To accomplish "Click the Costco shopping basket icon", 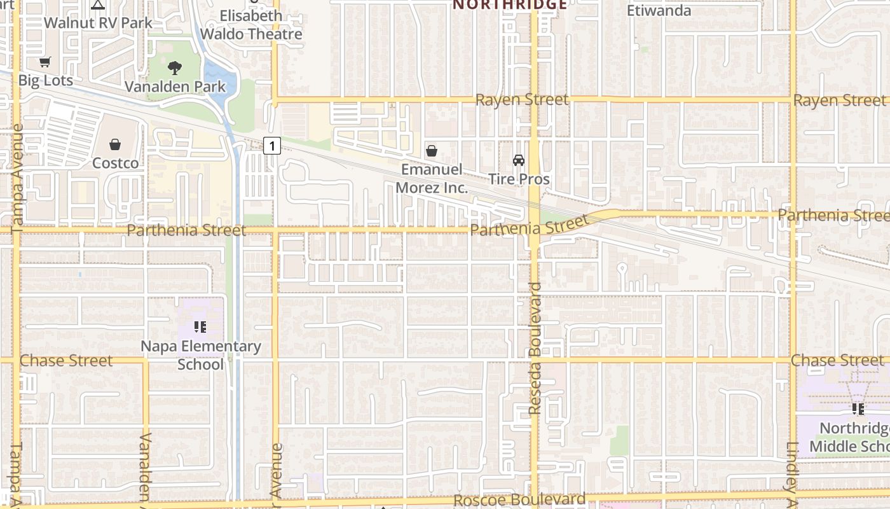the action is click(x=115, y=145).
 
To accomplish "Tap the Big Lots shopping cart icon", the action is click(x=44, y=62).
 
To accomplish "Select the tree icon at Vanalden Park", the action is click(x=175, y=67).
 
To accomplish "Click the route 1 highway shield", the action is click(x=272, y=146).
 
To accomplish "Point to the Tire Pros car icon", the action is click(x=519, y=160).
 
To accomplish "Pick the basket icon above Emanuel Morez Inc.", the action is click(x=432, y=151).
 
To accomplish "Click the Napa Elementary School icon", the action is click(x=200, y=328).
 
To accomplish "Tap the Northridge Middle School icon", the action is click(x=858, y=409).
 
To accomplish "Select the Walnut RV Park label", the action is click(x=98, y=23).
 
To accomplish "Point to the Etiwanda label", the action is click(x=659, y=11).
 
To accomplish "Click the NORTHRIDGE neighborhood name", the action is click(x=510, y=5).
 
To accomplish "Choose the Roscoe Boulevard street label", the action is click(x=519, y=500).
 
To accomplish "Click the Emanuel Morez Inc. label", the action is click(x=432, y=179).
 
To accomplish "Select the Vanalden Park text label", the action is click(x=175, y=87).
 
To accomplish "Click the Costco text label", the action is click(x=115, y=164).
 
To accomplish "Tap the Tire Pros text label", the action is click(x=520, y=179).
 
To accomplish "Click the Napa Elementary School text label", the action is click(x=200, y=355).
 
